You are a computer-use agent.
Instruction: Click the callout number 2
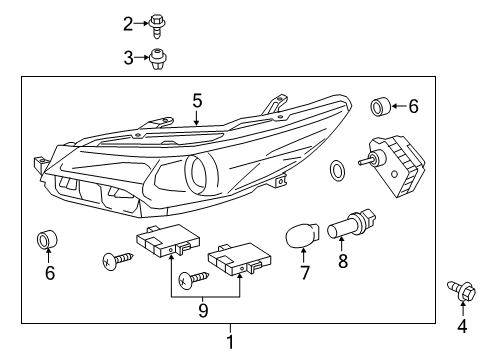tap(128, 24)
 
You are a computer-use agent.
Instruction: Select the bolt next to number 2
tap(157, 26)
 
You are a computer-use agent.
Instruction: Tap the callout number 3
tap(128, 58)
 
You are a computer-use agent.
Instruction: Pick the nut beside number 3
tap(158, 59)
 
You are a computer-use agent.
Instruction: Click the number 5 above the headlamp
tap(197, 100)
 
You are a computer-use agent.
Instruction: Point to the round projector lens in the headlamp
tap(201, 173)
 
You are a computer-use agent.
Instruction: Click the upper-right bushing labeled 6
tap(380, 107)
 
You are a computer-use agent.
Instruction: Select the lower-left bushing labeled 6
tap(47, 239)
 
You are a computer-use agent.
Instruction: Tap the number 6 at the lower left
tap(50, 273)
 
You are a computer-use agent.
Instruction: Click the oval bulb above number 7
tap(302, 235)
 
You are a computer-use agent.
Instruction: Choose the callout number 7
tap(305, 272)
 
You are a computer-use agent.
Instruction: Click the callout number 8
tap(343, 260)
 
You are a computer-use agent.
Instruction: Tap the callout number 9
tap(203, 311)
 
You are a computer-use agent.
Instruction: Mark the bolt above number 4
tap(461, 291)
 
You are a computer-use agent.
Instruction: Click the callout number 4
tap(462, 326)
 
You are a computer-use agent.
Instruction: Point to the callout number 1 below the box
tap(230, 342)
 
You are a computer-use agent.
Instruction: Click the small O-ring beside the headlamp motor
tap(338, 170)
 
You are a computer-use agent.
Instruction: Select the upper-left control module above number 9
tap(168, 240)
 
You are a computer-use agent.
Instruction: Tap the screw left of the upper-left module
tap(118, 260)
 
